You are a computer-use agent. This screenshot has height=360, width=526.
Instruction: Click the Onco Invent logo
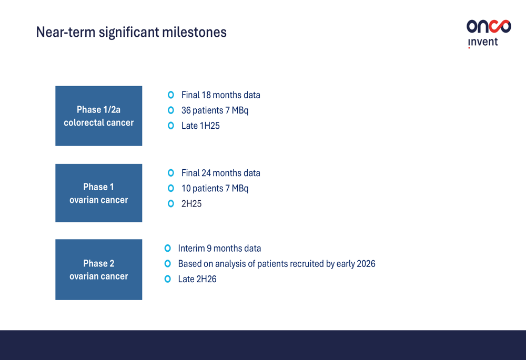tap(489, 34)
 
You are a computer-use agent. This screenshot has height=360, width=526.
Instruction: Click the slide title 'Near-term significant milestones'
tap(131, 33)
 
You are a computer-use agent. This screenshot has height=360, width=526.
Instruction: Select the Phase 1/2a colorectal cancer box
tap(99, 116)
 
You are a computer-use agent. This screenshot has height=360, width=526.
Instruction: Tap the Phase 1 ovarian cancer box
tap(99, 193)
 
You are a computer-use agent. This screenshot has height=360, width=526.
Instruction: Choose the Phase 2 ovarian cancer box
tap(99, 270)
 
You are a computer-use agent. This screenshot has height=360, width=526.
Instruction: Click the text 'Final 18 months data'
tap(221, 95)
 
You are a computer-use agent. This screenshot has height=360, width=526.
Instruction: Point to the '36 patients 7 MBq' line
tap(215, 110)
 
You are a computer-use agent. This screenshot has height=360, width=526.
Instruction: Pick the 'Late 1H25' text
tap(200, 126)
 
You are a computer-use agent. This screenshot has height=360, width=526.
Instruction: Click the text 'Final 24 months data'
tap(221, 173)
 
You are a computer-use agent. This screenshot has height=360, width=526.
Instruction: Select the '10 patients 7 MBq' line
tap(215, 188)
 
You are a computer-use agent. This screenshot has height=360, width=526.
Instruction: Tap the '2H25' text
tap(191, 204)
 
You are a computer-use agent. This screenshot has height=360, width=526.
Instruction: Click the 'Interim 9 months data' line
tap(219, 249)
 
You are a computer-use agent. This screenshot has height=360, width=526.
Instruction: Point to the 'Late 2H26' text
tap(197, 279)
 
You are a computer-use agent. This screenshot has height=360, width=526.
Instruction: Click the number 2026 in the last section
tap(366, 264)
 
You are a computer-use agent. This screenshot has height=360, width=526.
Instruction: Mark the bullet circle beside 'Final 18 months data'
tap(171, 95)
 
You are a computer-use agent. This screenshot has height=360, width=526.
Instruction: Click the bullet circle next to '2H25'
tap(171, 203)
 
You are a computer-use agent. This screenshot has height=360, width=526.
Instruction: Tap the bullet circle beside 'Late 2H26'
tap(167, 279)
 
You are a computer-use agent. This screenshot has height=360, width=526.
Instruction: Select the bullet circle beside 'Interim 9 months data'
tap(167, 248)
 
